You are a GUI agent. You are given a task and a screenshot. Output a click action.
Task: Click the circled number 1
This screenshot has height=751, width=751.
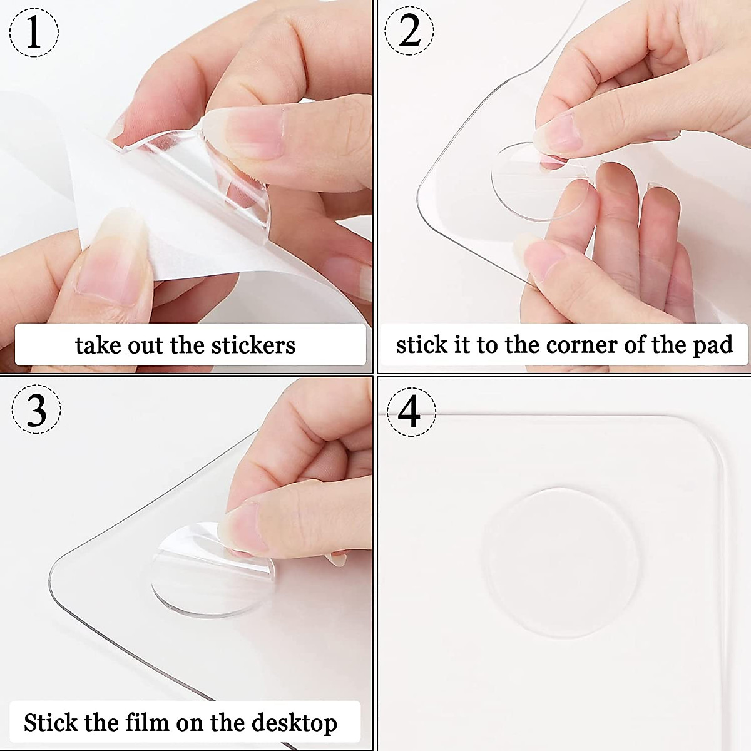tap(34, 32)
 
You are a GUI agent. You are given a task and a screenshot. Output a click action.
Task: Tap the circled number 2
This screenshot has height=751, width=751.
tap(409, 31)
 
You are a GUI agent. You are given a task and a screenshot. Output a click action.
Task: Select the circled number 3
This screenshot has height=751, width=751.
tap(36, 409)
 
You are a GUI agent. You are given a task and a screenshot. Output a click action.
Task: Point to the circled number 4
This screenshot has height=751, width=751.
tap(410, 411)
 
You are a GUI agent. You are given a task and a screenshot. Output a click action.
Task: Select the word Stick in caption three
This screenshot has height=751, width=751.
tap(52, 722)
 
